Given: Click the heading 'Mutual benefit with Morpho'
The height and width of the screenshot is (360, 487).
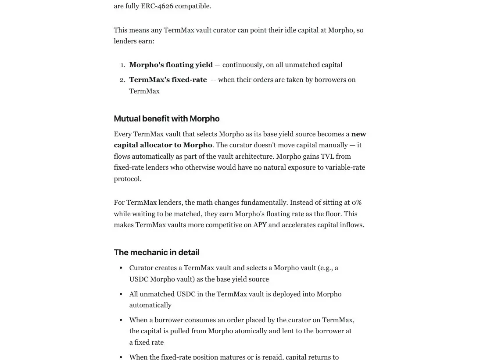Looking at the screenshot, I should click(166, 119).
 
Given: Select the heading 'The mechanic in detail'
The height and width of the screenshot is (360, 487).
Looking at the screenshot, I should click(156, 253).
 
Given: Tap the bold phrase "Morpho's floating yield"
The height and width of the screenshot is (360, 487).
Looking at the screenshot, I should click(171, 65).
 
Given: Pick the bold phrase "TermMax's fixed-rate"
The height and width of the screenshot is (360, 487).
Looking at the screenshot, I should click(168, 80).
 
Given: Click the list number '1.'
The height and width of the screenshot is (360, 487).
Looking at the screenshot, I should click(122, 65).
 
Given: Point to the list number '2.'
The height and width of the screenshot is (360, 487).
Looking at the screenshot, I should click(122, 80).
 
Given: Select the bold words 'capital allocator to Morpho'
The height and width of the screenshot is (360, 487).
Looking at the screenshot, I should click(163, 145).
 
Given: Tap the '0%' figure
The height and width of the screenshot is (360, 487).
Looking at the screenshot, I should click(356, 203).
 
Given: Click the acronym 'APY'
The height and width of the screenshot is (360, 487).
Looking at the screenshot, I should click(260, 225).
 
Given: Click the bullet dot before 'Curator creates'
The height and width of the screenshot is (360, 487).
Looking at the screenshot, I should click(121, 268).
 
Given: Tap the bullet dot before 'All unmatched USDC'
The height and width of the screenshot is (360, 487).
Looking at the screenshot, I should click(121, 294).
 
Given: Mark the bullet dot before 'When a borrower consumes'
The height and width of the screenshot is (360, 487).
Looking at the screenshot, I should click(121, 320).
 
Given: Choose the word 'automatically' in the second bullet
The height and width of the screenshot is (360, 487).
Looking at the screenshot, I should click(150, 305).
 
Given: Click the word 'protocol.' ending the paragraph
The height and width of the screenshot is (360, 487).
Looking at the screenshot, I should click(127, 179).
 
